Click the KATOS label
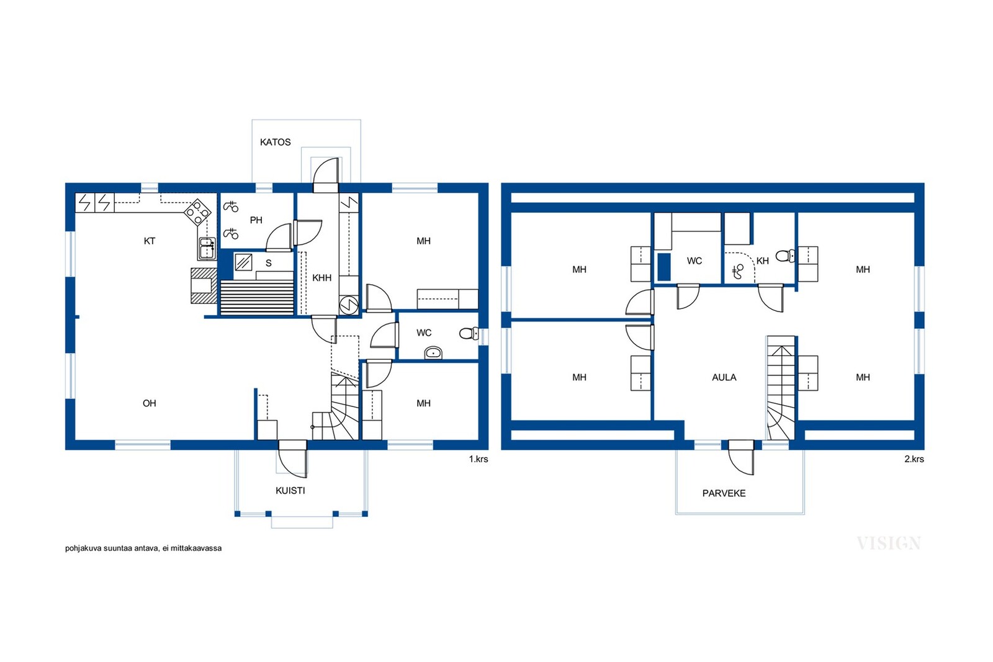(x=276, y=142)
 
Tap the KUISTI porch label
(x=290, y=491)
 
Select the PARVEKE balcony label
(x=724, y=493)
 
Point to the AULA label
(x=724, y=377)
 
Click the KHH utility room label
(x=322, y=278)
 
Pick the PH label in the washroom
(x=256, y=220)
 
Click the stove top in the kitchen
(x=198, y=212)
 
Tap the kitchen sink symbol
(x=207, y=249)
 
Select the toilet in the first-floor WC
(x=469, y=333)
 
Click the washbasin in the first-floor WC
(x=433, y=353)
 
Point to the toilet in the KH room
(x=786, y=256)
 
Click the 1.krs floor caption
(x=479, y=459)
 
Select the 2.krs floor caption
(x=914, y=459)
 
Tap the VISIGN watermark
(x=889, y=543)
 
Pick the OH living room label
(x=150, y=403)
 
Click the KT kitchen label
(x=150, y=241)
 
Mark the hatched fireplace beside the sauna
(x=204, y=286)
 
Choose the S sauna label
(x=268, y=263)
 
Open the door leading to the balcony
(x=741, y=457)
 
